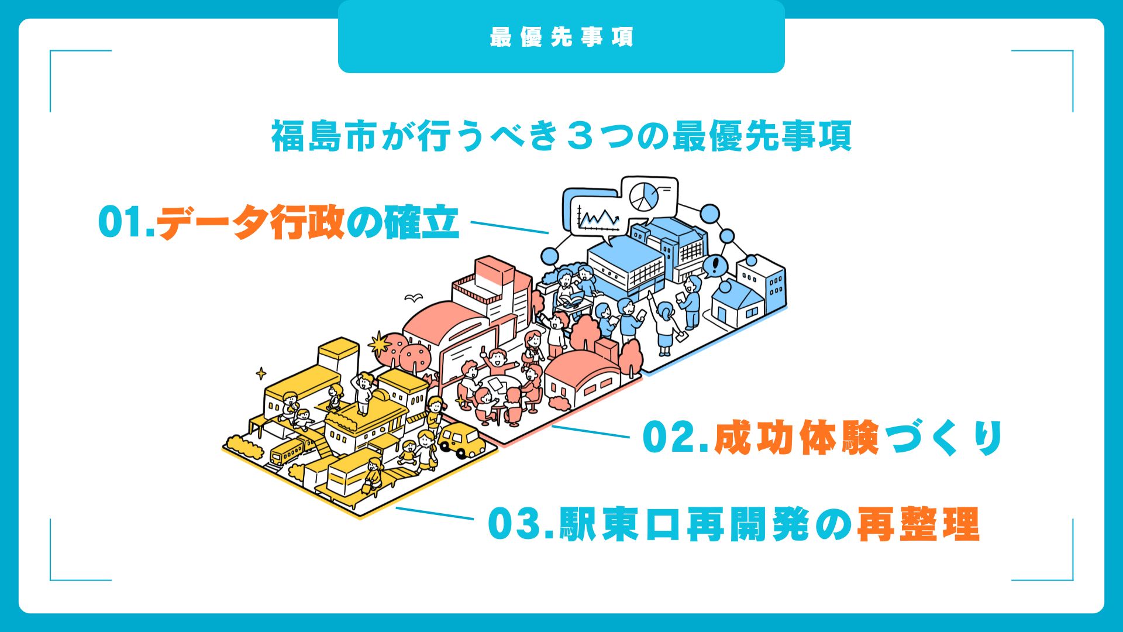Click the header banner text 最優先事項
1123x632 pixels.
point(561,37)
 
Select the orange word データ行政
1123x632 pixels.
point(251,222)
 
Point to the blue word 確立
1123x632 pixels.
point(421,222)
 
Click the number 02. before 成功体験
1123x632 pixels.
point(677,437)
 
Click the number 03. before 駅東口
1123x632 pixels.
point(522,524)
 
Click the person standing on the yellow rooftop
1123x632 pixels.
point(364,393)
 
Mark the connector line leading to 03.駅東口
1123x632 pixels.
point(435,513)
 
